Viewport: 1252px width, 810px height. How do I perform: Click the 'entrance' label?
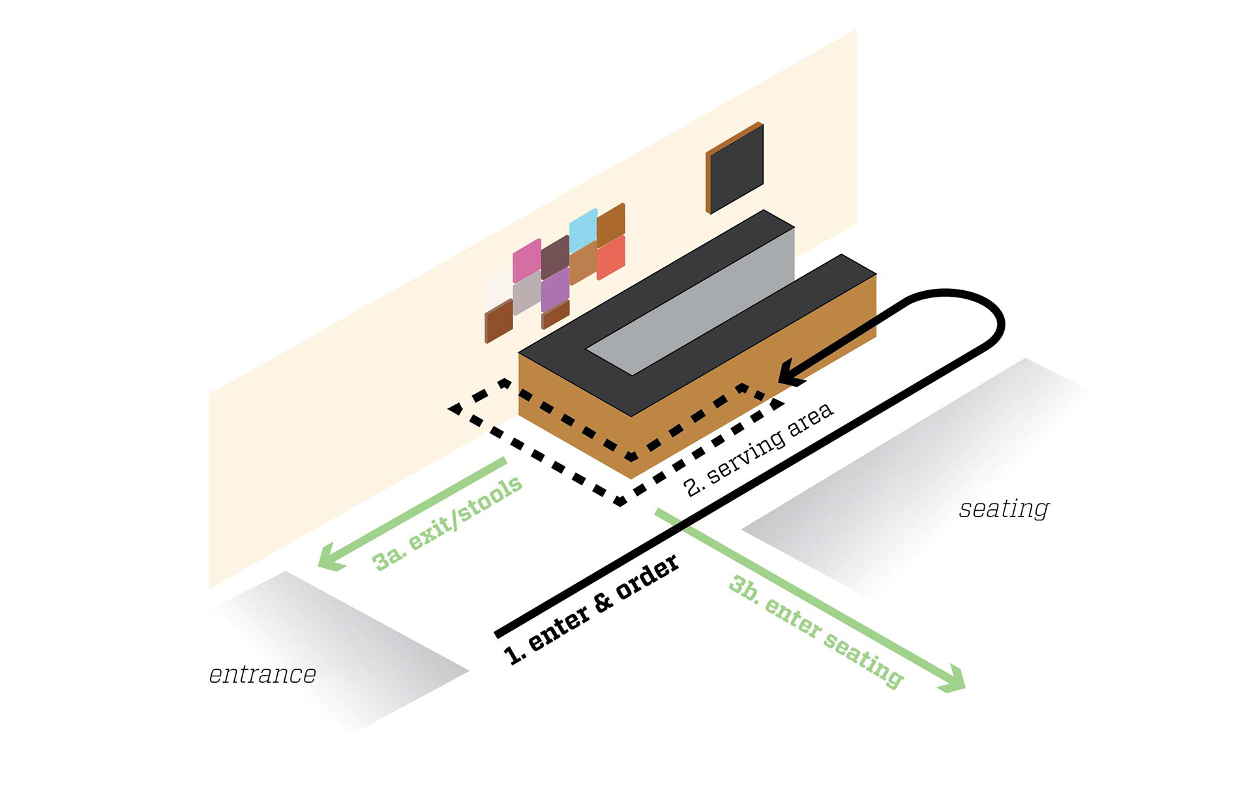(263, 674)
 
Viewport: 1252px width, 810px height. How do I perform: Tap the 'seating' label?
(1004, 509)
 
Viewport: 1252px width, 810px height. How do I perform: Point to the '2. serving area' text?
(758, 449)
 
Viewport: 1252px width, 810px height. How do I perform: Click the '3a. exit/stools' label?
(447, 523)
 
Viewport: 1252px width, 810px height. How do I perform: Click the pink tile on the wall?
(527, 260)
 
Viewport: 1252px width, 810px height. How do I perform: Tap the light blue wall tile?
(583, 230)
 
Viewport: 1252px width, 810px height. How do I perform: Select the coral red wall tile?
(611, 258)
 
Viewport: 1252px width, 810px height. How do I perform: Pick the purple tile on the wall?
(555, 290)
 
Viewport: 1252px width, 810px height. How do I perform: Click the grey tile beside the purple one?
(527, 293)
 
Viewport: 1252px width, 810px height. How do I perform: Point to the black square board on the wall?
(735, 168)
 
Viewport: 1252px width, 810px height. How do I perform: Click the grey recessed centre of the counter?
(691, 301)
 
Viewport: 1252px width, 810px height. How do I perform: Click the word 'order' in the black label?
(648, 577)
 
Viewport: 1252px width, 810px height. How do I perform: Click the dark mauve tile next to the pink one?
(555, 258)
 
